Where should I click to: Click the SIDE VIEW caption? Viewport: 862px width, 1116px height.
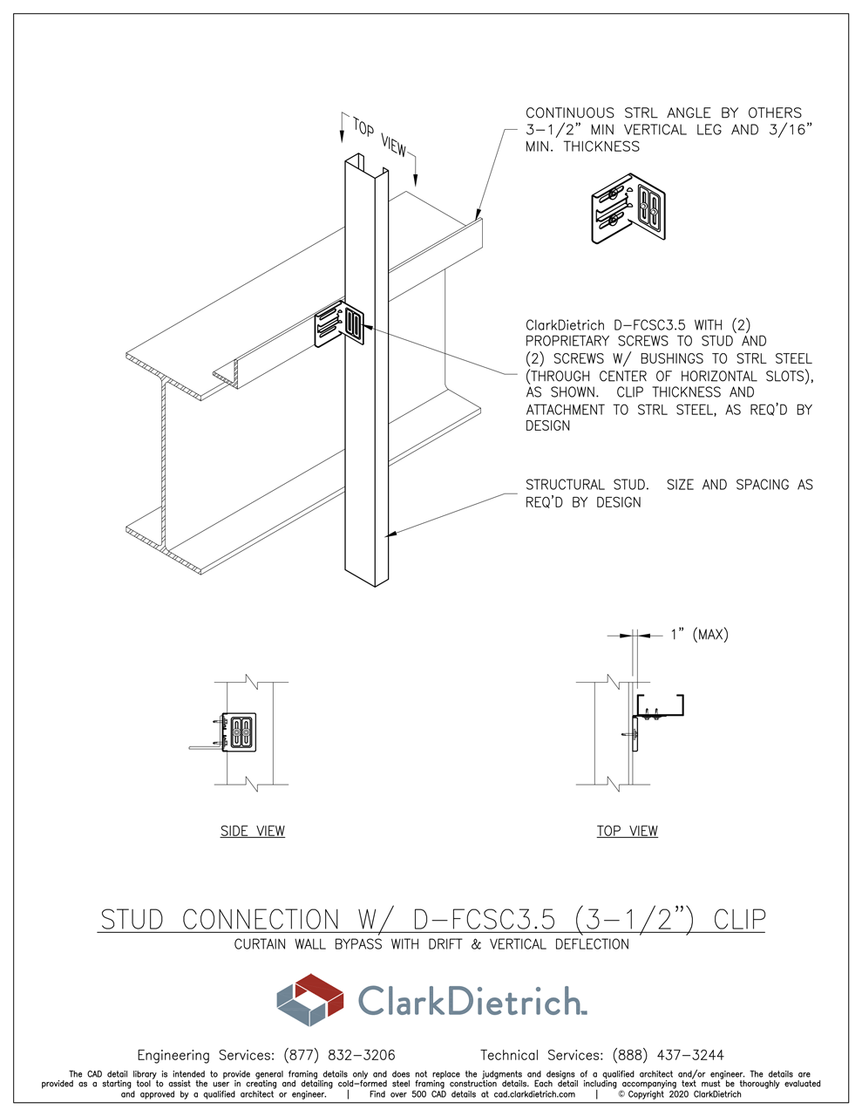(x=252, y=831)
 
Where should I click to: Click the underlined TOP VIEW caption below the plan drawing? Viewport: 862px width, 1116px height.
(x=627, y=831)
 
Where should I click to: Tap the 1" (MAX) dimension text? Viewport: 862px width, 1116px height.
(x=699, y=635)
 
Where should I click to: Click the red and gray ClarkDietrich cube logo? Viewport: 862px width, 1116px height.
(x=310, y=1000)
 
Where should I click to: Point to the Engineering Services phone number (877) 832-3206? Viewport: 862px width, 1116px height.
(x=339, y=1055)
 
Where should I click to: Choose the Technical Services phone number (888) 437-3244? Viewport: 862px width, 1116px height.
(x=668, y=1055)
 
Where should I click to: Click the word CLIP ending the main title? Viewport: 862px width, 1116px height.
(x=739, y=920)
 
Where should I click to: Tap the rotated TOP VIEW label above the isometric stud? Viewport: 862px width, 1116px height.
(x=380, y=138)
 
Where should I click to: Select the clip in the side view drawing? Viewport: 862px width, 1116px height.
(x=237, y=732)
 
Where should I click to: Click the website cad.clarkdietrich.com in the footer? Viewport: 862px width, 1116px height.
(x=533, y=1094)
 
